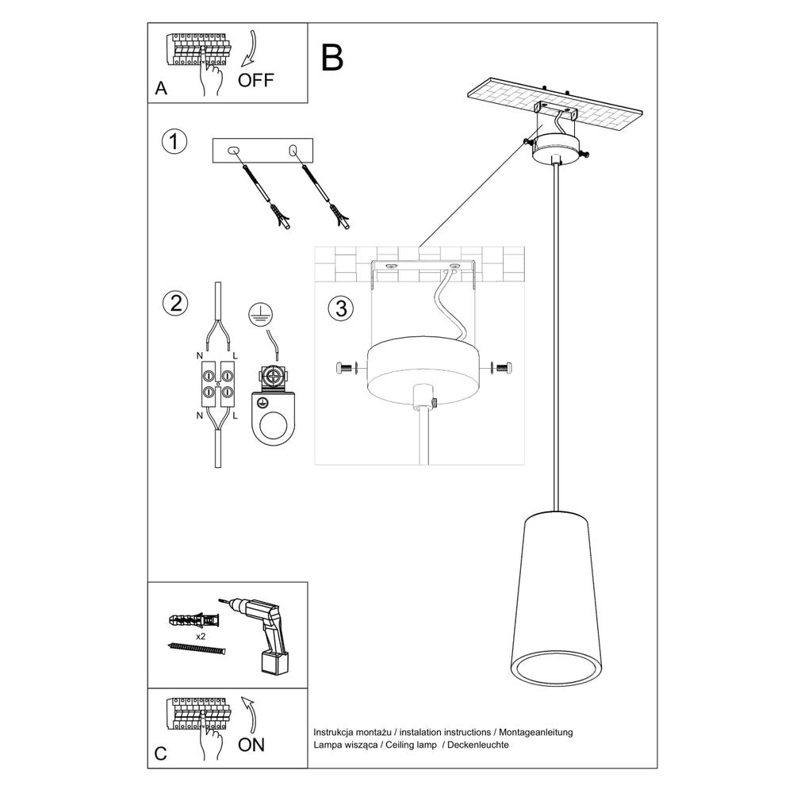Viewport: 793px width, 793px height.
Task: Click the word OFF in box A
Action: coord(255,80)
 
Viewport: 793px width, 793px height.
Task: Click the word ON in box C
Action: coord(251,744)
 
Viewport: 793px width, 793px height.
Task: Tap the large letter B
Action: coord(332,58)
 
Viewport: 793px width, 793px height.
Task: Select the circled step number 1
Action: coord(174,143)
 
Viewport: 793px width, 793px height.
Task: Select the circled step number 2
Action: coord(174,302)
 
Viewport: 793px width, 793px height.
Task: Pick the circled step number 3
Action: coord(340,308)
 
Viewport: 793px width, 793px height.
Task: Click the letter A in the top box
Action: coord(162,89)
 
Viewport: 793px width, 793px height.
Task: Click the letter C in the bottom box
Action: coord(161,753)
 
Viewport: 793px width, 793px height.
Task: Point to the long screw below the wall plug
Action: coord(198,649)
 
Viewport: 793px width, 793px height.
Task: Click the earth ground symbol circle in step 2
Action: coord(257,314)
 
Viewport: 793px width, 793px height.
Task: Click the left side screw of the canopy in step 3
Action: coord(347,368)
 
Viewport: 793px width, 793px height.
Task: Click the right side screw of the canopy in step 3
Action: coord(501,368)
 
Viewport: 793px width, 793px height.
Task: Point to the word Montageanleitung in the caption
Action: coord(537,732)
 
